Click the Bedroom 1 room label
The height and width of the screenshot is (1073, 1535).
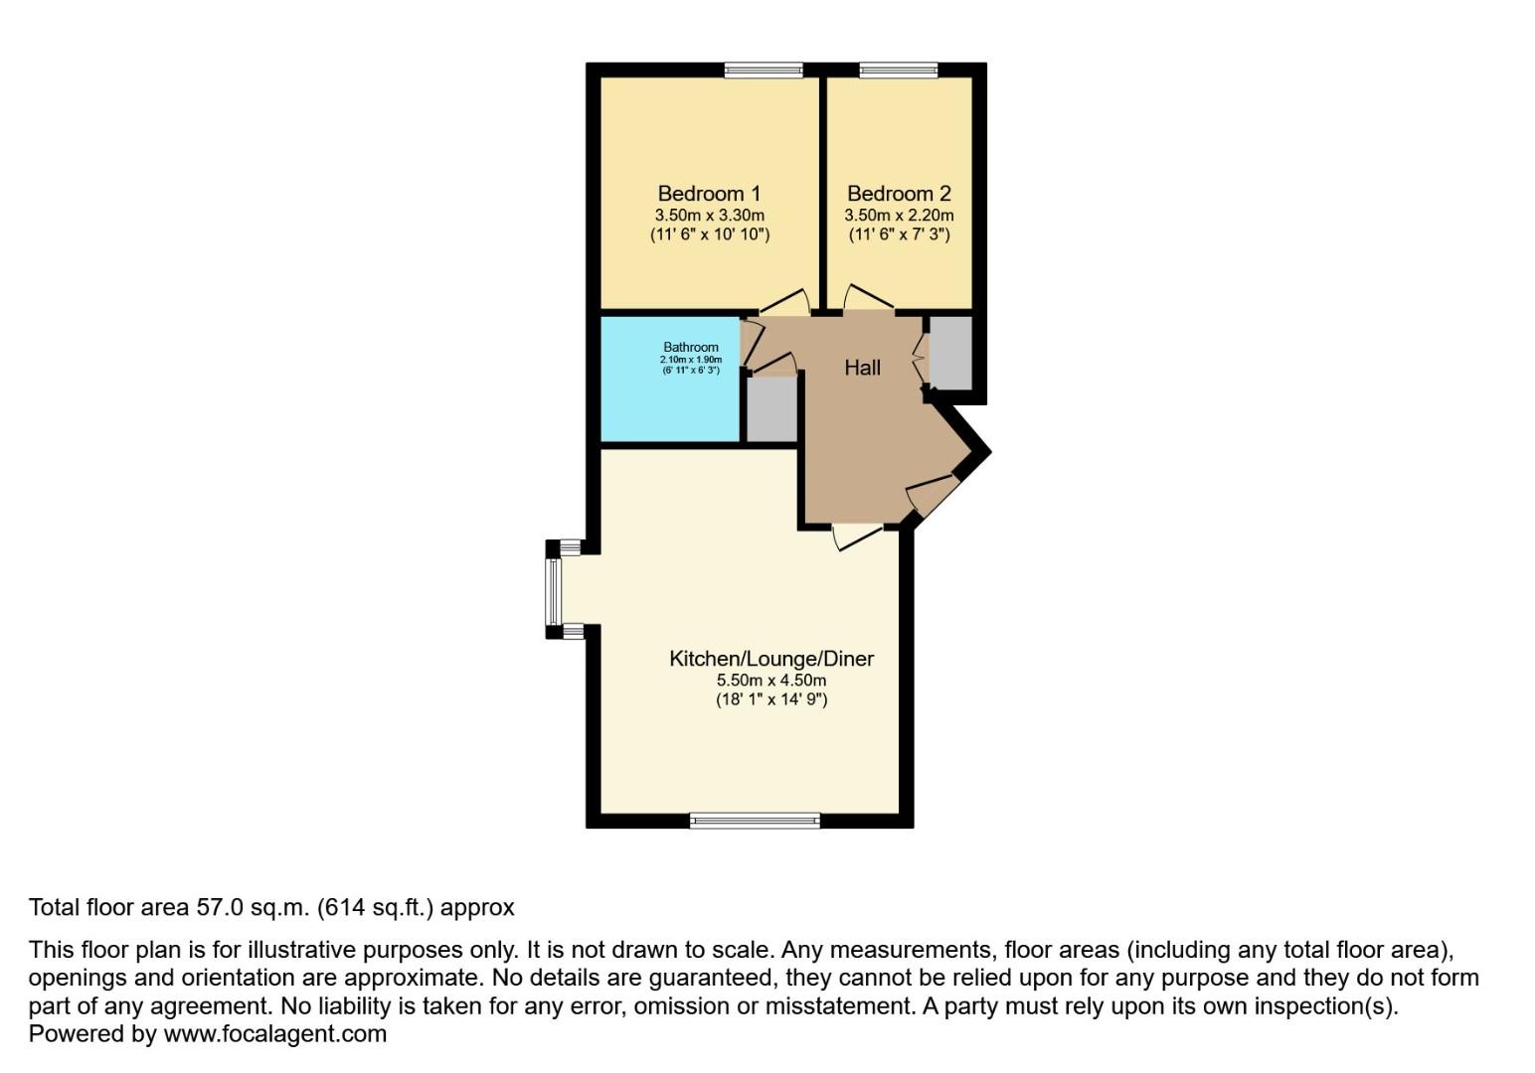pyautogui.click(x=709, y=194)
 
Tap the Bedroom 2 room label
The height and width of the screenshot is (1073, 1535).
pyautogui.click(x=899, y=194)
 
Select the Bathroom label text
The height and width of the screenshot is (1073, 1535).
pyautogui.click(x=691, y=348)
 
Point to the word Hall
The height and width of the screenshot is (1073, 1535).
pyautogui.click(x=862, y=368)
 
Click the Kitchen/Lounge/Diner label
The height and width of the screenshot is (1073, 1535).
pyautogui.click(x=771, y=659)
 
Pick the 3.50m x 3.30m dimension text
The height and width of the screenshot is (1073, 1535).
pyautogui.click(x=709, y=216)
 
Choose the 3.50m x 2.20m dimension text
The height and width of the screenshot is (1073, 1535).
pyautogui.click(x=899, y=216)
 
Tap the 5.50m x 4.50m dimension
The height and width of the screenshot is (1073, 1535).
pyautogui.click(x=771, y=681)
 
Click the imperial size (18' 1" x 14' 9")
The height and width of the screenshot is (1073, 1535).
pyautogui.click(x=771, y=699)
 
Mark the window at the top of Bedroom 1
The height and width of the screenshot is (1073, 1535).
pyautogui.click(x=763, y=70)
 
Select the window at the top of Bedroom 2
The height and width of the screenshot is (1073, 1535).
pyautogui.click(x=898, y=70)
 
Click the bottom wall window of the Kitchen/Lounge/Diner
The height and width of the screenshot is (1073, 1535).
pyautogui.click(x=755, y=821)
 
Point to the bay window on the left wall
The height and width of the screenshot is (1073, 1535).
pyautogui.click(x=554, y=590)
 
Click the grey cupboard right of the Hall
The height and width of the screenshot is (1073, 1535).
pyautogui.click(x=950, y=353)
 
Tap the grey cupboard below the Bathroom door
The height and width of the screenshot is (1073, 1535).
pyautogui.click(x=772, y=409)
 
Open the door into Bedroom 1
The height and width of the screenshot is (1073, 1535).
pyautogui.click(x=785, y=301)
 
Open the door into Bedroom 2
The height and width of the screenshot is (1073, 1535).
pyautogui.click(x=867, y=297)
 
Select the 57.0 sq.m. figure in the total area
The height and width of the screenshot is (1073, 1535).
pyautogui.click(x=252, y=907)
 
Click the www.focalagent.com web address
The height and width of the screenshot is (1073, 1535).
pyautogui.click(x=274, y=1034)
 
